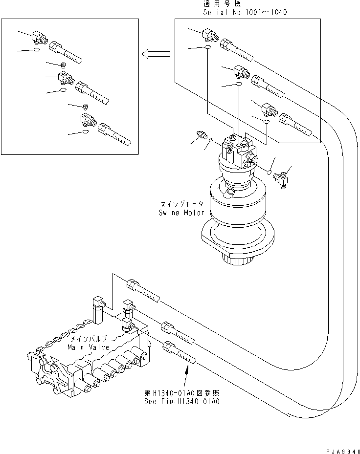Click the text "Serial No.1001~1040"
click(x=245, y=12)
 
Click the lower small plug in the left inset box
click(x=86, y=107)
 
